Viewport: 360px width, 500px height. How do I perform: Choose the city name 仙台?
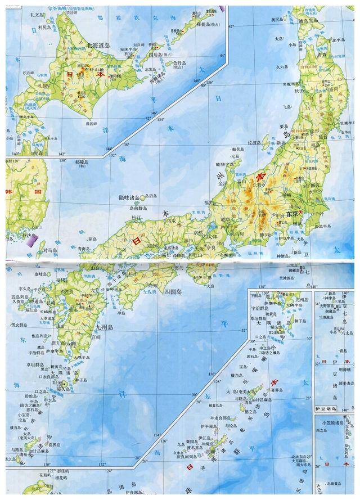tap(322, 138)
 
